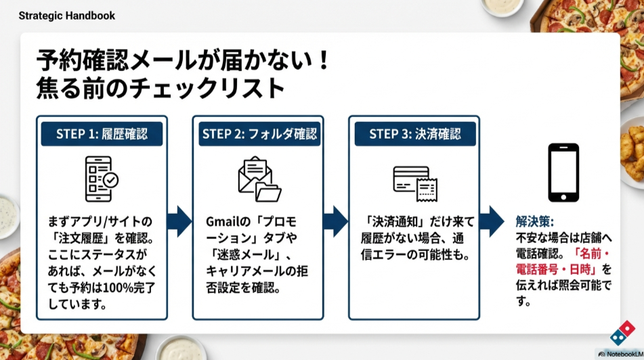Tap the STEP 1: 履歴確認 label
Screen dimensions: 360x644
(x=102, y=133)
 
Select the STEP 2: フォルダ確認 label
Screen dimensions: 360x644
(x=259, y=133)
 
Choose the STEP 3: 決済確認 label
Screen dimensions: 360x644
(x=414, y=133)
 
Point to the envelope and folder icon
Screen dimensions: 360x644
(x=259, y=179)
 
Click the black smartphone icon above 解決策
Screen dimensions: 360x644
(x=563, y=173)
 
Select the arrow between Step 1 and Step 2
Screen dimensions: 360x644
(x=179, y=221)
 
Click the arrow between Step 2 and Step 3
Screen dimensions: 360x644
(x=336, y=221)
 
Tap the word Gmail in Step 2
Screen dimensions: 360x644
(x=221, y=222)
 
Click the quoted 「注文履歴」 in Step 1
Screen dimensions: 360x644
(x=77, y=238)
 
